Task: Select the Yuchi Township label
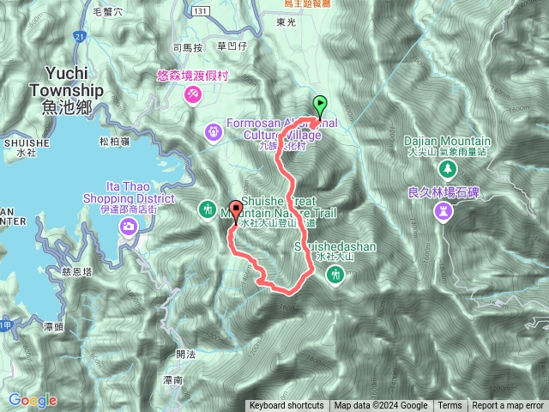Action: point(65,91)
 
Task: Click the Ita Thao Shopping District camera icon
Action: point(128,226)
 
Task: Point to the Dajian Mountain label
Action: point(448,142)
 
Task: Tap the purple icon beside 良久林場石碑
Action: point(443,210)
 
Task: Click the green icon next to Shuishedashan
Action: point(336,275)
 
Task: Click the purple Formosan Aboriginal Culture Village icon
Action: point(213,132)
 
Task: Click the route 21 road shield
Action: point(78,38)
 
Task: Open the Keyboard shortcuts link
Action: point(287,406)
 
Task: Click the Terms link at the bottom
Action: point(449,406)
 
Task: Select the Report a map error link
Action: point(509,406)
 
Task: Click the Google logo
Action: point(33,400)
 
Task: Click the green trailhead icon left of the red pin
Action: point(208,209)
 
